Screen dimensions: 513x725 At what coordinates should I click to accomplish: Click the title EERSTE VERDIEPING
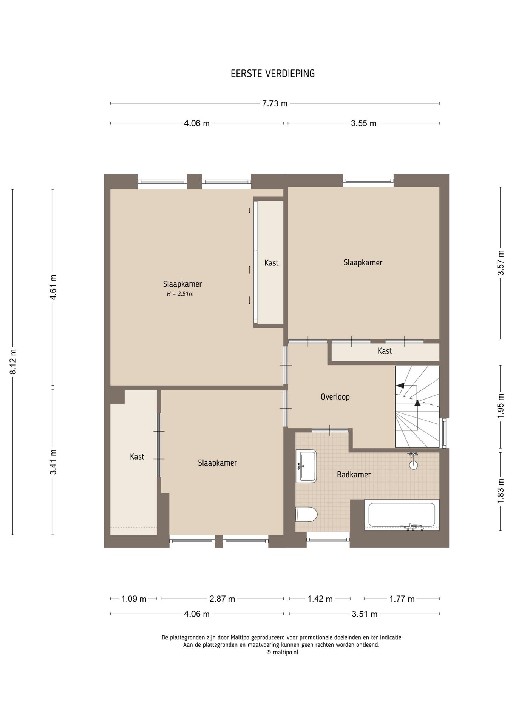click(x=273, y=74)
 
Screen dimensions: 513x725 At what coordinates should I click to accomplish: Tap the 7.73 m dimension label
click(x=275, y=103)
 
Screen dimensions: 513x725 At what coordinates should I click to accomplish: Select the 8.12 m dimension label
click(x=13, y=362)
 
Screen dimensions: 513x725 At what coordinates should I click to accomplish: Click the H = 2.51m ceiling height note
click(x=180, y=294)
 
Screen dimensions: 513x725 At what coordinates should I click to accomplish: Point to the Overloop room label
click(x=335, y=397)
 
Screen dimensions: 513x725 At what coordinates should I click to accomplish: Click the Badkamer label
click(x=354, y=475)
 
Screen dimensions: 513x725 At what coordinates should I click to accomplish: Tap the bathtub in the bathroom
click(x=402, y=515)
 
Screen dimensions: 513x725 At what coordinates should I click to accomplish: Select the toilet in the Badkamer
click(x=306, y=514)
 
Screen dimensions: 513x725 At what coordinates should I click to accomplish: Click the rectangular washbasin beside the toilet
click(x=306, y=466)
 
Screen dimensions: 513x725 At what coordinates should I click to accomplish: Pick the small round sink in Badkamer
click(x=413, y=464)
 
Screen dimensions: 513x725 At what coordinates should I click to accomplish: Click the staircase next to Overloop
click(x=417, y=407)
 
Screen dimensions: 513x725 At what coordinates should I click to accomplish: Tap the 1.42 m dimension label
click(x=320, y=599)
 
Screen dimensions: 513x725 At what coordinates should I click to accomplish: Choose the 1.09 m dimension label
click(x=134, y=599)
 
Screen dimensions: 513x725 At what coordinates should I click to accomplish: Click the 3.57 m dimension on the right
click(x=501, y=263)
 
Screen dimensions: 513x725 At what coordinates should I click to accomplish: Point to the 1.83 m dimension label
click(x=501, y=491)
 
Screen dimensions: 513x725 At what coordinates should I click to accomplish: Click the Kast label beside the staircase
click(x=385, y=351)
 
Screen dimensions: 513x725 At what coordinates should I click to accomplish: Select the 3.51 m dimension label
click(x=365, y=614)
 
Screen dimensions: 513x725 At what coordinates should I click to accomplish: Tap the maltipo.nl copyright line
click(x=282, y=652)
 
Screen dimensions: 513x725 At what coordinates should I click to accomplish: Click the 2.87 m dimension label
click(x=222, y=599)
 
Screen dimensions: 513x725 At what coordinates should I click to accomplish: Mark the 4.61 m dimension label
click(x=53, y=287)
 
